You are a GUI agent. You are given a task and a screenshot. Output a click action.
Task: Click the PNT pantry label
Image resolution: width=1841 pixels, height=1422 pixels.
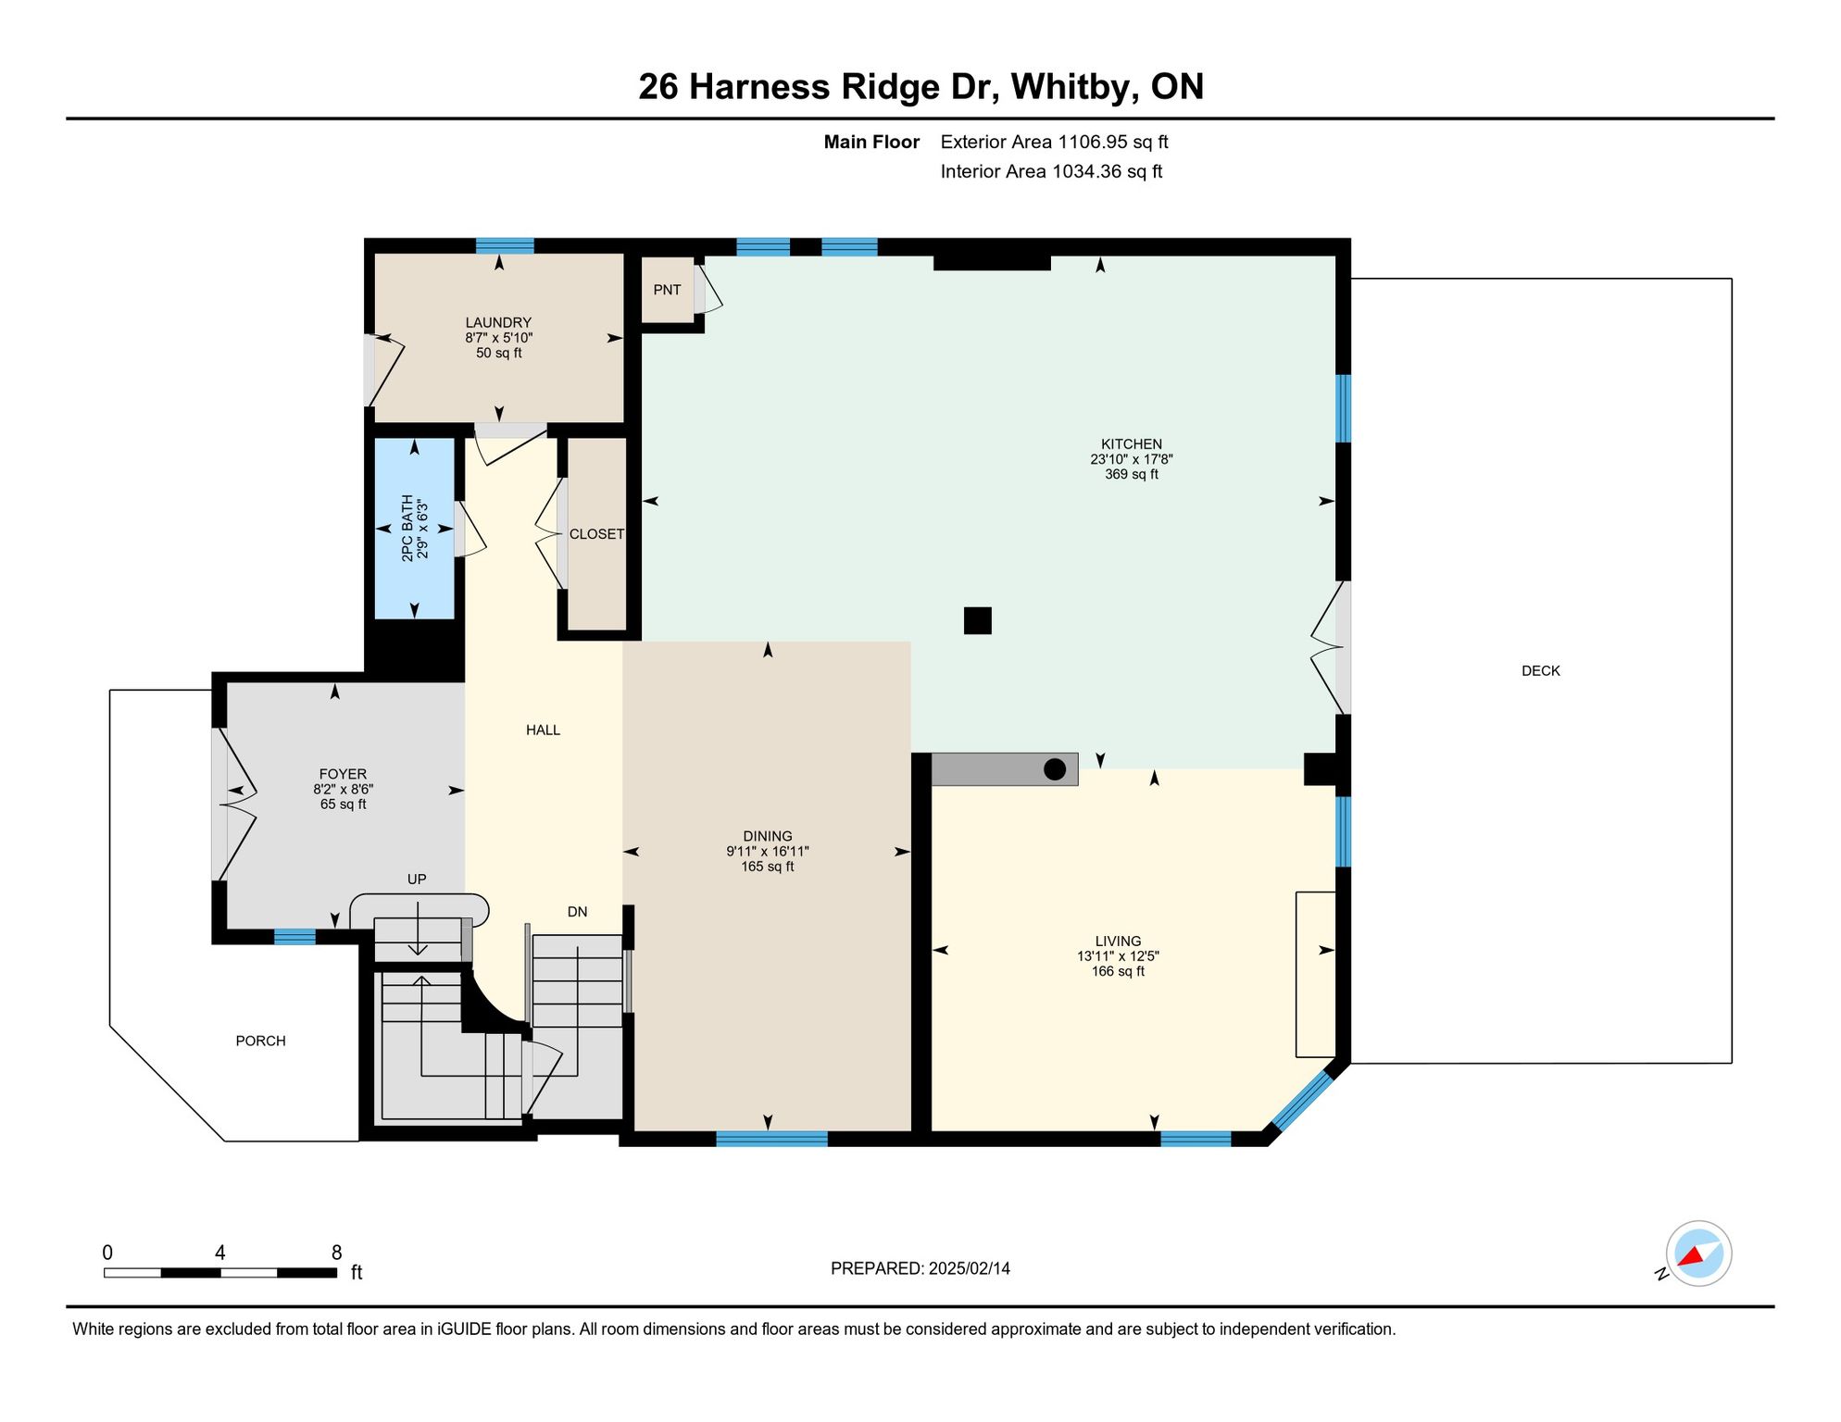click(667, 290)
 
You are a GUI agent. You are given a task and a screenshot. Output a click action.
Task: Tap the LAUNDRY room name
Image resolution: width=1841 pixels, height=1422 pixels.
click(498, 322)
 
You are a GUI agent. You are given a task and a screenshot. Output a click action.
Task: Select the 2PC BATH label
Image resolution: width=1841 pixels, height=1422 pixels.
click(407, 529)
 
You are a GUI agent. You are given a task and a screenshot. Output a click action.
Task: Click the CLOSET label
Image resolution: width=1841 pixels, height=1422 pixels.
click(596, 534)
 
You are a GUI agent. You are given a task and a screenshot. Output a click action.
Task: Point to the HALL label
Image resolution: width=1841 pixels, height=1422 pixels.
click(543, 730)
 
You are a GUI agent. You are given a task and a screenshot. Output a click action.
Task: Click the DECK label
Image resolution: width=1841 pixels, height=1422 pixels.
click(1541, 671)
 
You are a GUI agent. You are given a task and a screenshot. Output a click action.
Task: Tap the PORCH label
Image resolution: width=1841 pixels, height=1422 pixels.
click(260, 1042)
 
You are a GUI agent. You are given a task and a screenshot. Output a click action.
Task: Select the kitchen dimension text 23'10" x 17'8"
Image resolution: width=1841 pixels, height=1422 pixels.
click(1132, 459)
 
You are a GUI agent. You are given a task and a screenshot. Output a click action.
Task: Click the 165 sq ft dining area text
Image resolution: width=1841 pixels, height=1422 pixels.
click(768, 867)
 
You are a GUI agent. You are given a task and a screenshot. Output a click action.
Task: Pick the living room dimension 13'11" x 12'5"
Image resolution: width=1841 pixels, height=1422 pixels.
click(1118, 956)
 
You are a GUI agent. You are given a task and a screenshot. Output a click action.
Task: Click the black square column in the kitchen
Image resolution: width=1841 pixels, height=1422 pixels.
click(978, 620)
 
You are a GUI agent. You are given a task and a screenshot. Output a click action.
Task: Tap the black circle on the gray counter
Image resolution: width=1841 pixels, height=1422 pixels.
click(1055, 769)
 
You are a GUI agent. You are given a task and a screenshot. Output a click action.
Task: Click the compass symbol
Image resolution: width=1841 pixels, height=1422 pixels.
click(1698, 1254)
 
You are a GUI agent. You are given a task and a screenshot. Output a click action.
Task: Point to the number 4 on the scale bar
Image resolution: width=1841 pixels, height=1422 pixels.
click(220, 1253)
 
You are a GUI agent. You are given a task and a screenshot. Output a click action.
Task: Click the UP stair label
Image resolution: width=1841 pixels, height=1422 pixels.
click(417, 879)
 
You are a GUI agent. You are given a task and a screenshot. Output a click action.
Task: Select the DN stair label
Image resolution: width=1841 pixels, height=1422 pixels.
click(577, 912)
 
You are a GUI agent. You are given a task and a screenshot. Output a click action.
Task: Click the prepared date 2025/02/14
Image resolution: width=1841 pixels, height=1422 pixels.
click(970, 1268)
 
